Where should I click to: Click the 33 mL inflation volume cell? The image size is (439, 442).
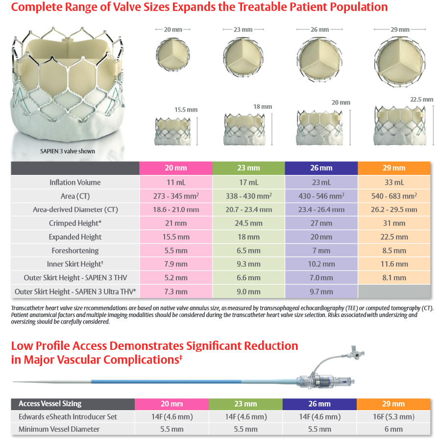click(x=394, y=183)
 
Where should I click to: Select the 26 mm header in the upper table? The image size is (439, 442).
click(x=321, y=168)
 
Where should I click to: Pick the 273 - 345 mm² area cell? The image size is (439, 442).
click(x=176, y=196)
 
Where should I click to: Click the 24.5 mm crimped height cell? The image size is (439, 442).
click(x=248, y=223)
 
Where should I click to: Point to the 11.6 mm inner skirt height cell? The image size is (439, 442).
click(x=394, y=264)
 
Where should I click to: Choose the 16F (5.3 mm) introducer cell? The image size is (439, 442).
click(x=394, y=417)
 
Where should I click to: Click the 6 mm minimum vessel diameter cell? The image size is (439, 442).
click(x=394, y=429)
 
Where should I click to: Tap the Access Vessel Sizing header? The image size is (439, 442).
click(x=50, y=404)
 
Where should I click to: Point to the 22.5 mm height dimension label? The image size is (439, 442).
click(x=421, y=99)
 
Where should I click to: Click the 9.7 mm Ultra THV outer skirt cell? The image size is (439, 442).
click(x=321, y=292)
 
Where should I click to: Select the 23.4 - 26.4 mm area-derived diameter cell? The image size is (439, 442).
click(x=321, y=210)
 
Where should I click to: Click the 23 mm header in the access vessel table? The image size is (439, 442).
click(x=245, y=404)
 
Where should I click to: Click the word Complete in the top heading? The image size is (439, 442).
click(x=33, y=7)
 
